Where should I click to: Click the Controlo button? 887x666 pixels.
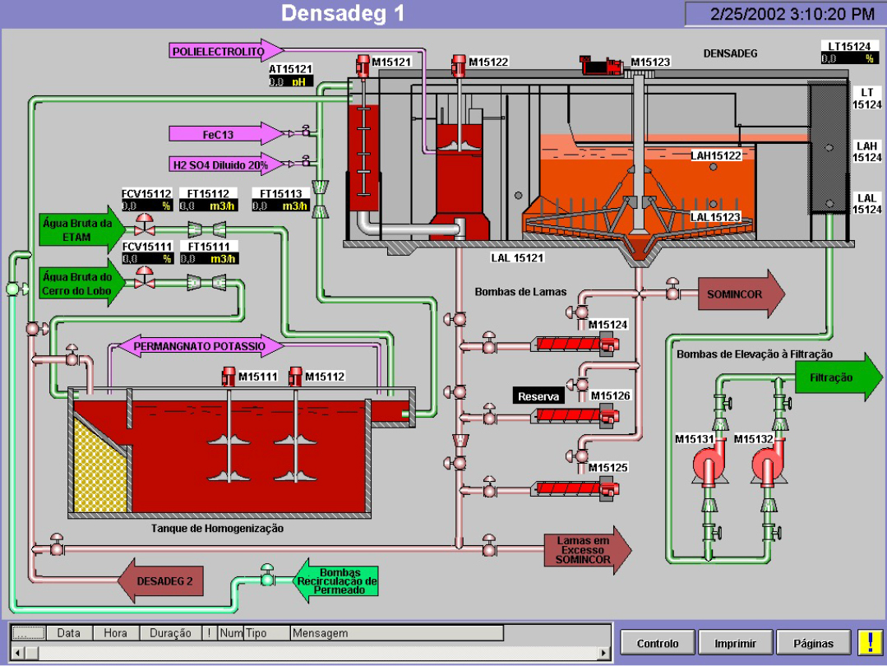(658, 643)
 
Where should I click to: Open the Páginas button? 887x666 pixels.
(813, 643)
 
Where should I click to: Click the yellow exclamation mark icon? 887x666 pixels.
(869, 642)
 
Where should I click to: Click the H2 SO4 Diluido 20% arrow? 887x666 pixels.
(225, 164)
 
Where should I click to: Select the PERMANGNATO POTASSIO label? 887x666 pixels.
(201, 346)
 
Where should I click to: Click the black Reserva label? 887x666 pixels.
(538, 396)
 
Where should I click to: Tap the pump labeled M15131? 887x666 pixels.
(708, 469)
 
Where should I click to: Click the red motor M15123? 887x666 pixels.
(603, 65)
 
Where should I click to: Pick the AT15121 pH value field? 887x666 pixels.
(292, 82)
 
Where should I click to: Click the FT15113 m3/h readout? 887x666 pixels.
(279, 206)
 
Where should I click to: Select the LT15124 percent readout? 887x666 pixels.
(848, 58)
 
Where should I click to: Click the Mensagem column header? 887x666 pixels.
(395, 633)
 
